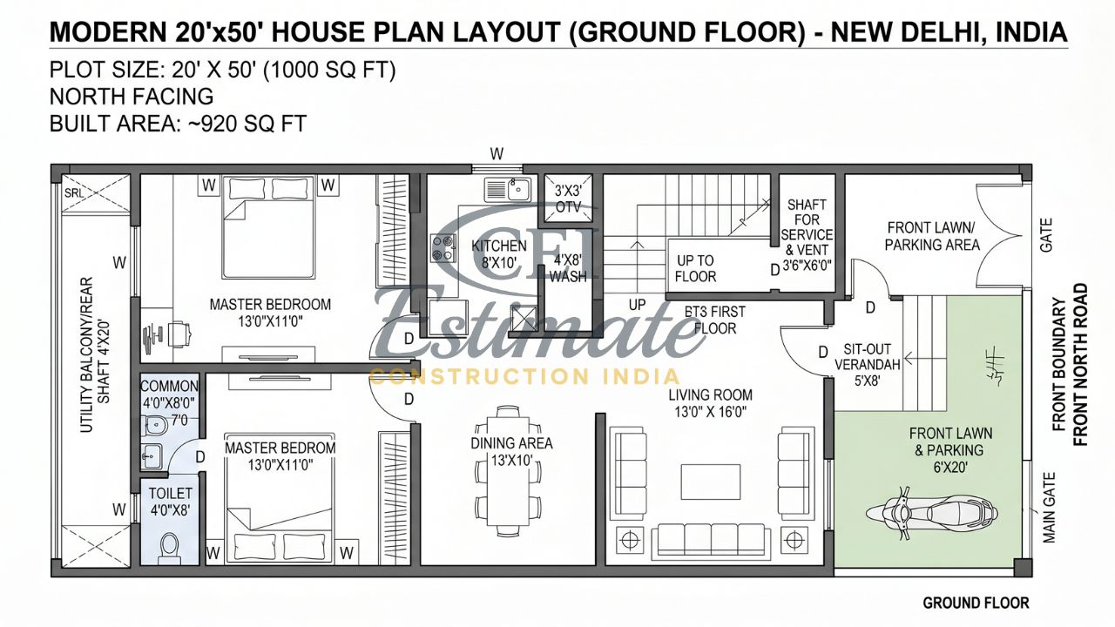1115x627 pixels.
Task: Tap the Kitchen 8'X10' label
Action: point(499,253)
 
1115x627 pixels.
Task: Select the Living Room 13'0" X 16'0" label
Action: point(710,403)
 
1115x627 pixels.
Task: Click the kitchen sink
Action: point(508,189)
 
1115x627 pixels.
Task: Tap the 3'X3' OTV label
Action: point(568,199)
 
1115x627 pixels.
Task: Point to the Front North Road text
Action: point(1080,364)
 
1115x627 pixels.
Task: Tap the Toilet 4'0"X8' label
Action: point(170,502)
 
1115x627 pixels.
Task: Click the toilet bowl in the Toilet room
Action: point(170,545)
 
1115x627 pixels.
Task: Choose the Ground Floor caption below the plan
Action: point(976,603)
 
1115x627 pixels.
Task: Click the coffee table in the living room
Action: point(710,480)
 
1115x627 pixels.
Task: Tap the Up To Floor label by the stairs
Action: point(695,268)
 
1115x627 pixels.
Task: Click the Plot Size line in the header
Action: point(223,71)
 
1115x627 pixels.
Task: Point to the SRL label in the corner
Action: point(72,193)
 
